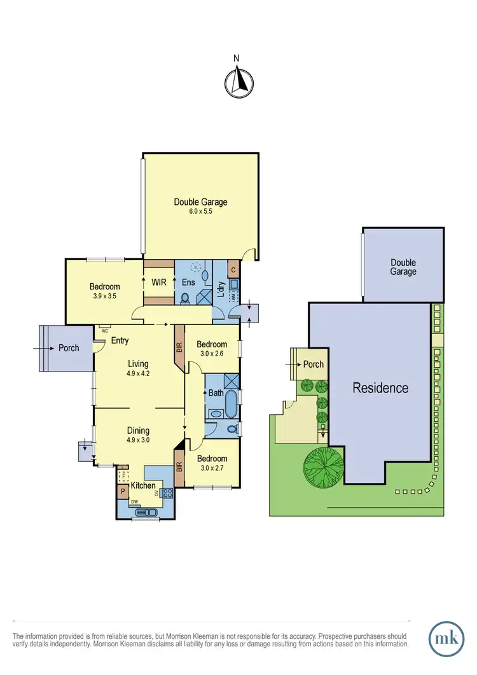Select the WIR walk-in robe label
click(158, 281)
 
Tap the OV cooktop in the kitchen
click(168, 492)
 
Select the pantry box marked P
click(121, 492)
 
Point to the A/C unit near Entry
click(103, 330)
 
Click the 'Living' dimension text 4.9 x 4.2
click(138, 373)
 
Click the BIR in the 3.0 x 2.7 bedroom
click(179, 470)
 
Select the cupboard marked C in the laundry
click(233, 268)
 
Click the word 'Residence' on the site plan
click(380, 387)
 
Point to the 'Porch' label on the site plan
click(312, 365)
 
